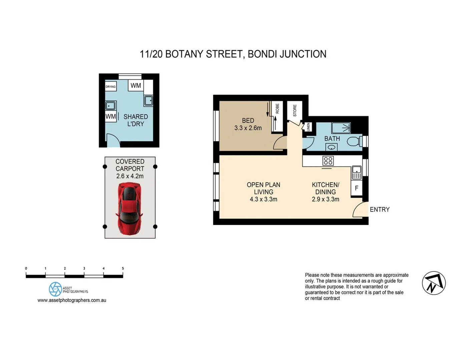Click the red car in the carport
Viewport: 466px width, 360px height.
[129, 208]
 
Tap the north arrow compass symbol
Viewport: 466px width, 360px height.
[434, 283]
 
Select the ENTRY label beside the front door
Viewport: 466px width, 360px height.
[380, 209]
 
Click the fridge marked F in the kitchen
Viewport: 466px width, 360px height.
[356, 188]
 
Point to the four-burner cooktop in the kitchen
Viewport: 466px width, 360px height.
[328, 161]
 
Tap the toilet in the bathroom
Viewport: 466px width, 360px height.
[354, 141]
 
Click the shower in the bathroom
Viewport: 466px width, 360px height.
[341, 128]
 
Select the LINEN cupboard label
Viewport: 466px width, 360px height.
[308, 127]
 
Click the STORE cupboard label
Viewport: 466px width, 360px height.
[295, 111]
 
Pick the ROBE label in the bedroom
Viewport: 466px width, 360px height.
[277, 108]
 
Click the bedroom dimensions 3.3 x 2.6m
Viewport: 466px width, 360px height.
[248, 128]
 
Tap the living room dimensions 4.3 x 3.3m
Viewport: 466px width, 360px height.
[263, 199]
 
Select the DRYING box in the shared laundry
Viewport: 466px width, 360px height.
[110, 87]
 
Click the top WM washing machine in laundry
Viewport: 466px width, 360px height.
[136, 85]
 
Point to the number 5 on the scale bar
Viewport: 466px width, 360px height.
[123, 268]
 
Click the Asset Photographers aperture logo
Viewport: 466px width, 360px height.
[55, 289]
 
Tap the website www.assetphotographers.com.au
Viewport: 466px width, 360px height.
[72, 300]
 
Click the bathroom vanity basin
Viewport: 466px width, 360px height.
[332, 147]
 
